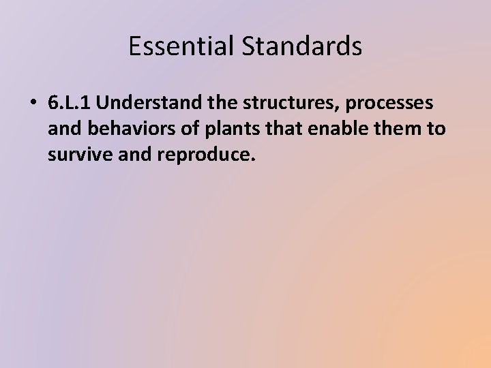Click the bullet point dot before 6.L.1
pyautogui.click(x=32, y=104)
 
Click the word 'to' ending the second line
pyautogui.click(x=435, y=129)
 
